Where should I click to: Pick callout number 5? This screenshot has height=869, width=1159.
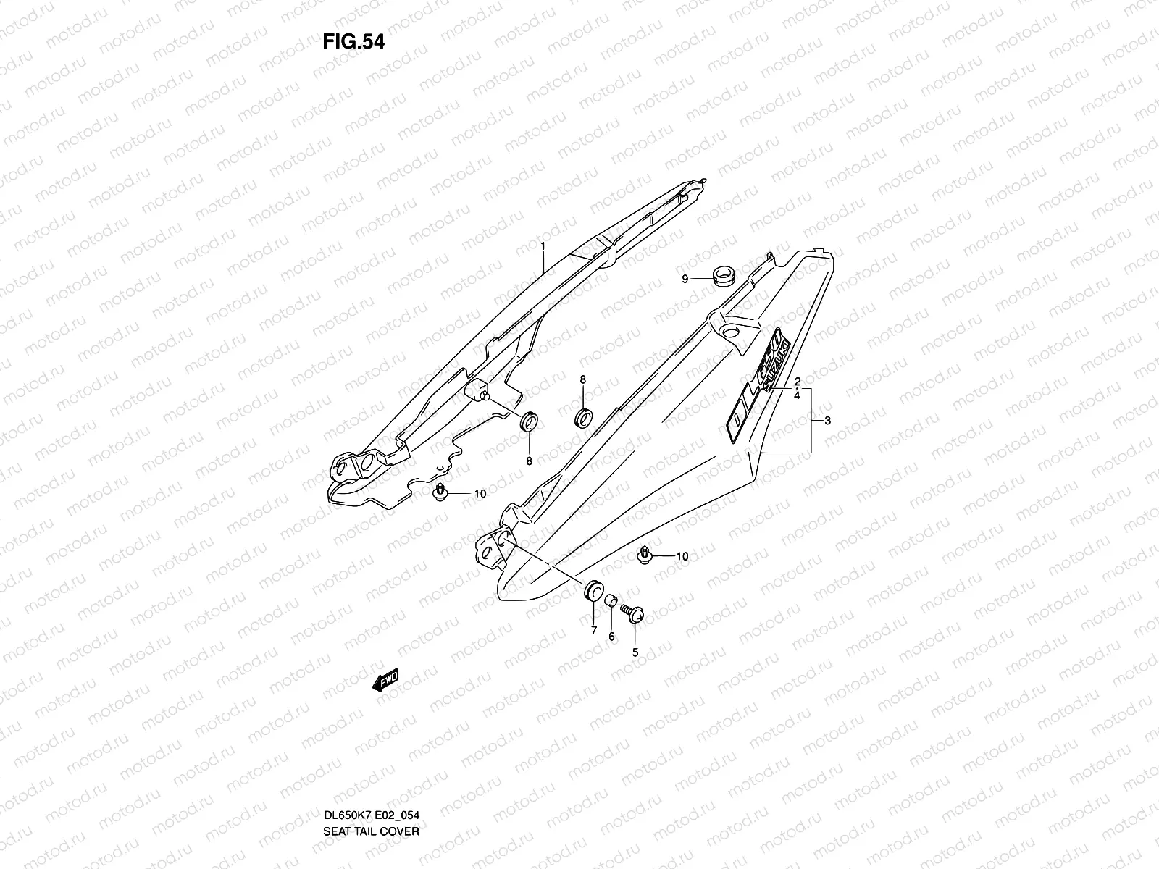click(x=635, y=652)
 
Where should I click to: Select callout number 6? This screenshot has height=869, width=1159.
click(x=611, y=636)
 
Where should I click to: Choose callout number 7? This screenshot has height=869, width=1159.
click(x=593, y=631)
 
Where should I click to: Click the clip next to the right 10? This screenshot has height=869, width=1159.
click(x=644, y=555)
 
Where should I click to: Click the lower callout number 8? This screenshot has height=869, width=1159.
click(x=529, y=461)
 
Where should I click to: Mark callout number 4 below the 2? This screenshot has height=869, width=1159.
click(x=797, y=396)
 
